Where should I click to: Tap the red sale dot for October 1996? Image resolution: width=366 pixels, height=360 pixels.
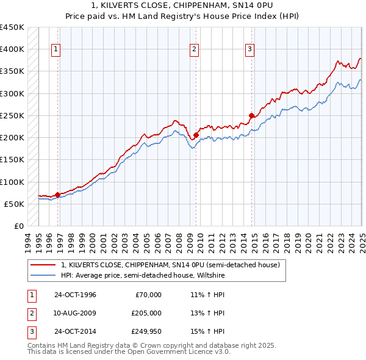(x=58, y=195)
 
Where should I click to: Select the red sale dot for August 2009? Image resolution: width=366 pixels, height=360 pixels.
(x=196, y=135)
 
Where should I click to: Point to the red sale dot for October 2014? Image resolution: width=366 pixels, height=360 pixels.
(x=251, y=115)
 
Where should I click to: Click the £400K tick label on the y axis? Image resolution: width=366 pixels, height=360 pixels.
(x=12, y=49)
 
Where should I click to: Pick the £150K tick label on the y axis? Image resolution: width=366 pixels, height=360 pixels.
(x=12, y=160)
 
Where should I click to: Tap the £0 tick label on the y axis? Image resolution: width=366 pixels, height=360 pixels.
(x=18, y=226)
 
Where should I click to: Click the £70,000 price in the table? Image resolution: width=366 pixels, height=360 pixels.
(x=148, y=295)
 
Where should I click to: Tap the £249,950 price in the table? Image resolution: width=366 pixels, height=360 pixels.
(x=146, y=333)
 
